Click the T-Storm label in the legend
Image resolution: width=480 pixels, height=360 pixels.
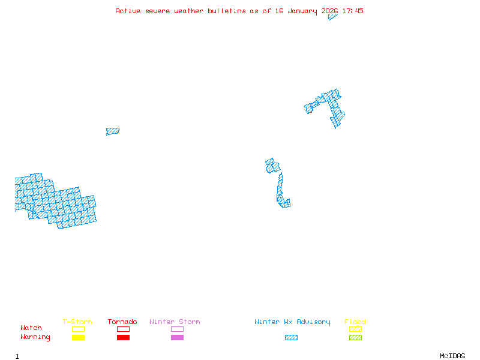(77, 322)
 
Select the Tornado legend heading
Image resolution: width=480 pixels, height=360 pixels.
(122, 322)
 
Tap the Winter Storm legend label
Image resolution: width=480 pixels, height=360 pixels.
(175, 322)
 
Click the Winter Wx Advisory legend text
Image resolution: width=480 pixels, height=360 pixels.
(292, 322)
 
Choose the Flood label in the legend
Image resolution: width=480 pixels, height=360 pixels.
(355, 322)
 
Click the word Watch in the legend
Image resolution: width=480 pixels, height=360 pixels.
(31, 328)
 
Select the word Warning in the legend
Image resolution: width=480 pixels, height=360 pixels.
(35, 337)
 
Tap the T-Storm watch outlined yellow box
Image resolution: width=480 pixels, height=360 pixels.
(78, 329)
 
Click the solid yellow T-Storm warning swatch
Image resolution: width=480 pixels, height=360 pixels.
(78, 337)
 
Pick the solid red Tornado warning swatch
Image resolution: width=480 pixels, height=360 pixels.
(123, 337)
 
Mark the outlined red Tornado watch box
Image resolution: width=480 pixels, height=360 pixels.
(123, 329)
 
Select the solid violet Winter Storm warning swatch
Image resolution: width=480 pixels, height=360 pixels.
(177, 337)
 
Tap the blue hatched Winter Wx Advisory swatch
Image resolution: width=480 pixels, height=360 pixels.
(291, 337)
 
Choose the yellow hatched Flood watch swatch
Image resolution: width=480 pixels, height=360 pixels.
(355, 329)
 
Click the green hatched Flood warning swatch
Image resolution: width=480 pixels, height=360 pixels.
(355, 337)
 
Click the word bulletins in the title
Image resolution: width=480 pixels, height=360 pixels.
(227, 11)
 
